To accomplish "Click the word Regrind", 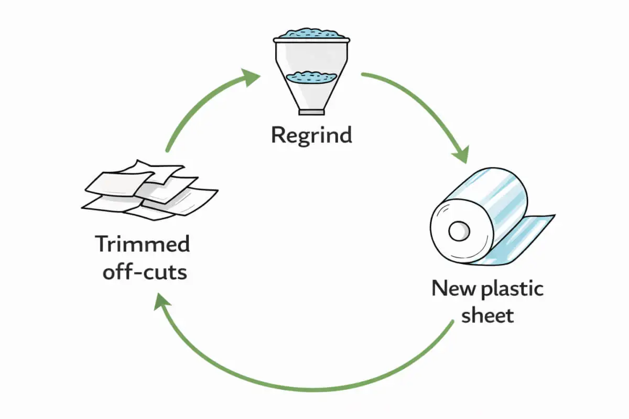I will pos(311,135).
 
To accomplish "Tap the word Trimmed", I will pos(142,245).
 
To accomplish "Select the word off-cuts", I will pos(145,272).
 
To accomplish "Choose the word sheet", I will pos(487,316).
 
